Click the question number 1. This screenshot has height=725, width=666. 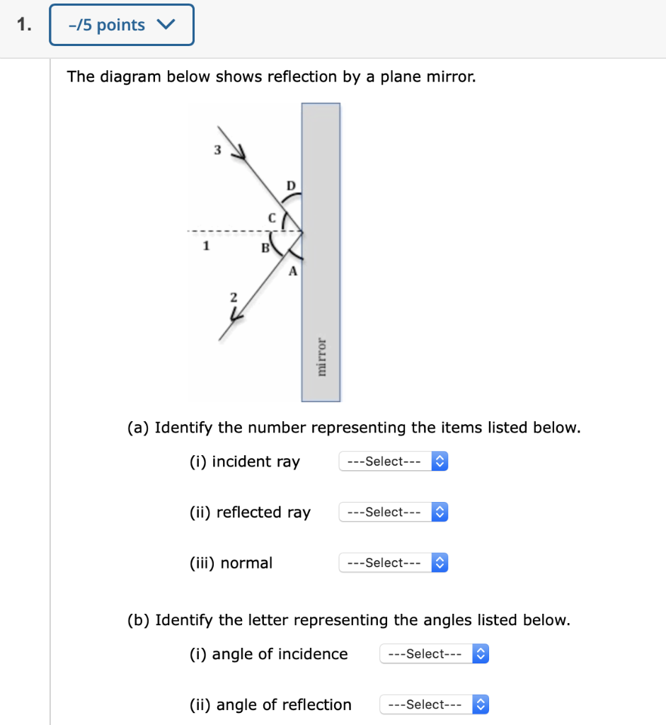pyautogui.click(x=24, y=25)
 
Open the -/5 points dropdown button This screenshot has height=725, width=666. pyautogui.click(x=121, y=25)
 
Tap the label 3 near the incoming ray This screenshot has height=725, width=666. pyautogui.click(x=218, y=149)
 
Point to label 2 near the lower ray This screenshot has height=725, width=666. pyautogui.click(x=233, y=297)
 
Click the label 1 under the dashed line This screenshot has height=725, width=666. pyautogui.click(x=206, y=246)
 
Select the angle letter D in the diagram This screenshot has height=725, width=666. pyautogui.click(x=290, y=185)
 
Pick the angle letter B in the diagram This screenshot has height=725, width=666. pyautogui.click(x=265, y=248)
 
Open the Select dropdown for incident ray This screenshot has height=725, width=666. pyautogui.click(x=394, y=462)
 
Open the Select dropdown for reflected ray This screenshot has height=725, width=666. pyautogui.click(x=394, y=512)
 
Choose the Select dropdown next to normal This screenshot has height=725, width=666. pyautogui.click(x=394, y=563)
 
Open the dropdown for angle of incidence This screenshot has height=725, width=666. pyautogui.click(x=434, y=654)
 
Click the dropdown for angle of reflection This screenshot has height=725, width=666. pyautogui.click(x=434, y=705)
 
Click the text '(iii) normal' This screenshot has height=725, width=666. pyautogui.click(x=231, y=563)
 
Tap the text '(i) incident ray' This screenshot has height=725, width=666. pyautogui.click(x=245, y=462)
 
